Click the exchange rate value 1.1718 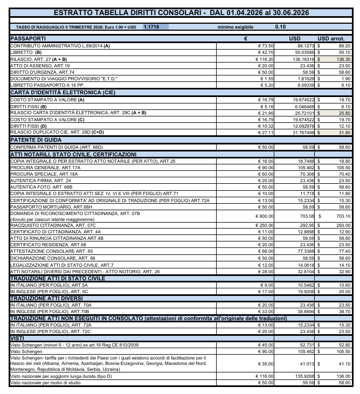point(151,26)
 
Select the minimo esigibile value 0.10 point(280,26)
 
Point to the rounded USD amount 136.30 point(343,59)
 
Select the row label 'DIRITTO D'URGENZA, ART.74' point(43,72)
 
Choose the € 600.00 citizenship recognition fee point(265,216)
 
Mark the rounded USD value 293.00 point(343,225)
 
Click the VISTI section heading point(18,337)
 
